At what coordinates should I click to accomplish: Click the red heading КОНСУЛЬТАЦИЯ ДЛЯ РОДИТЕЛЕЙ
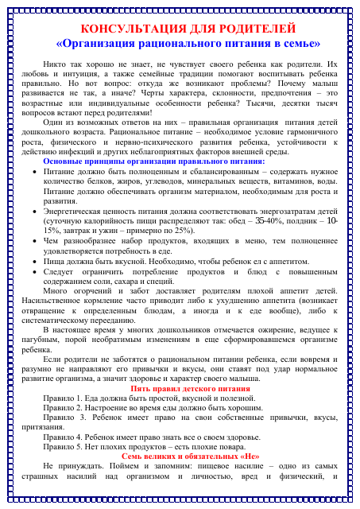179,29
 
